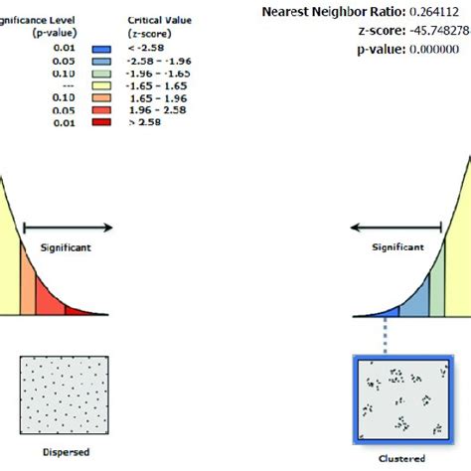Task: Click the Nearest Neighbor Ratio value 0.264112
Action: (430, 11)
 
